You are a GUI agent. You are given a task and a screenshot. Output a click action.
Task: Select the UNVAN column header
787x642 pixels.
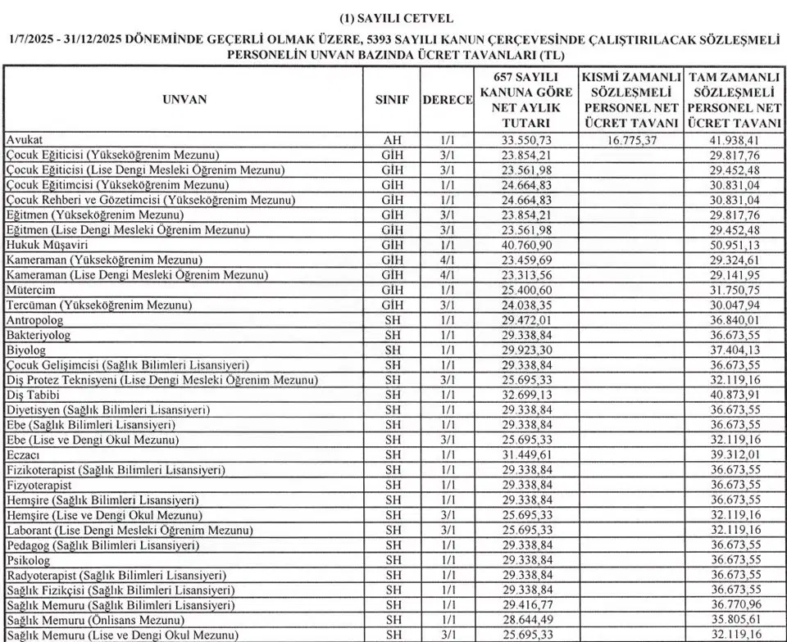click(x=184, y=99)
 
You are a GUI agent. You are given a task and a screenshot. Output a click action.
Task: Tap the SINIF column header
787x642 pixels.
click(x=392, y=99)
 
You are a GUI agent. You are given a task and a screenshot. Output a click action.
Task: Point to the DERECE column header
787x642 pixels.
click(x=448, y=99)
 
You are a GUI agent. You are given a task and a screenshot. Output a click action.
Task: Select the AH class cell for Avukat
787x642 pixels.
click(x=392, y=140)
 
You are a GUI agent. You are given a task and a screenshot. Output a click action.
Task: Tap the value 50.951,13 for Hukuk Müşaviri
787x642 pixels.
click(x=735, y=245)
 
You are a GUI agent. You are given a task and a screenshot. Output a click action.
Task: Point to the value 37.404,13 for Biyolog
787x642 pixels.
click(x=735, y=350)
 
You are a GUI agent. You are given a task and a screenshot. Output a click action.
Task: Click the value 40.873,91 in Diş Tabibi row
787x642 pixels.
click(x=735, y=396)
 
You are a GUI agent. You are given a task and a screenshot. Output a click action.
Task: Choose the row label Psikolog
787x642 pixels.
click(x=29, y=561)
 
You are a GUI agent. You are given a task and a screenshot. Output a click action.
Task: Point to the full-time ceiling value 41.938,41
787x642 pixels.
click(x=735, y=140)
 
